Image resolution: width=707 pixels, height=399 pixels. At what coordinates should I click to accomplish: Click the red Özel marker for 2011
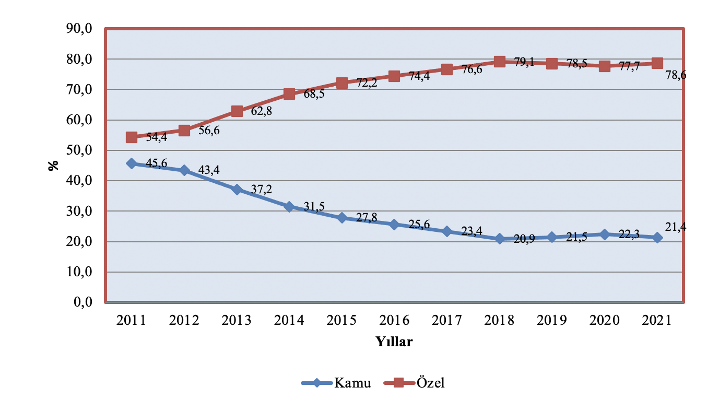click(x=132, y=137)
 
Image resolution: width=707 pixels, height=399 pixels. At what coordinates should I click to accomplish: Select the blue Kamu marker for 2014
click(x=289, y=207)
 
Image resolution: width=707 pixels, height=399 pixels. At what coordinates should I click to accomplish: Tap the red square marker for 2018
click(x=500, y=62)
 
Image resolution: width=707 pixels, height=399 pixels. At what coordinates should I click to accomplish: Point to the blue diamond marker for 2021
click(x=657, y=238)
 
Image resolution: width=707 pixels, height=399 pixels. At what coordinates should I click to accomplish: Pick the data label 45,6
click(x=157, y=163)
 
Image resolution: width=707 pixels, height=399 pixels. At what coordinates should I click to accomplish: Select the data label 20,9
click(x=524, y=241)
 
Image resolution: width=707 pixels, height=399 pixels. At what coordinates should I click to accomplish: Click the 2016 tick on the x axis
click(x=394, y=320)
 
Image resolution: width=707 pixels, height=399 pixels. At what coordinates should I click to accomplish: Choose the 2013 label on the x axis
click(x=237, y=320)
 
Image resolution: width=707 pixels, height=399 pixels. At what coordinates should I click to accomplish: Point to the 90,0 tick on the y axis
click(x=78, y=29)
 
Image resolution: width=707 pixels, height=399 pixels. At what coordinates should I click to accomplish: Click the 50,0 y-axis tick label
click(x=78, y=150)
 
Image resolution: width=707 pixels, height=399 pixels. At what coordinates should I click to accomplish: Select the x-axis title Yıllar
click(x=394, y=342)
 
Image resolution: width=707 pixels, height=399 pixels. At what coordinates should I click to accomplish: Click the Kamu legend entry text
click(x=353, y=383)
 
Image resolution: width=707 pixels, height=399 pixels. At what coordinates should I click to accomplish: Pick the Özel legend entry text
click(x=431, y=383)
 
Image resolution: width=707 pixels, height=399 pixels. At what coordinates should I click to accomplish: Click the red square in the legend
click(x=400, y=383)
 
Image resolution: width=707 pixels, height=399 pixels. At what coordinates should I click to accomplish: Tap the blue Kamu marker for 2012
click(x=184, y=170)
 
